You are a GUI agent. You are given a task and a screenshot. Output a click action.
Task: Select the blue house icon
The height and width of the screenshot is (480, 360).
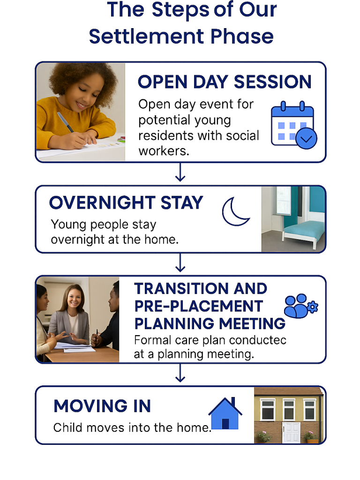225,413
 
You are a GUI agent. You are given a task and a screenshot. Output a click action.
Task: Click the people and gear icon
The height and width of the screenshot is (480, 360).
300,306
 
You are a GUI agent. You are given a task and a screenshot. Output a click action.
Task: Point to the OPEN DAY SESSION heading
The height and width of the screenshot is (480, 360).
225,82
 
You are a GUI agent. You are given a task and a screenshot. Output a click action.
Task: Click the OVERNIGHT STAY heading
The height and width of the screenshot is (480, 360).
126,202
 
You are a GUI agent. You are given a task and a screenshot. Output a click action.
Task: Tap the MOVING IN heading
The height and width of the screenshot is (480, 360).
102,406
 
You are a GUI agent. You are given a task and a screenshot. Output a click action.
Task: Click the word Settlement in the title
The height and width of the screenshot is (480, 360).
147,37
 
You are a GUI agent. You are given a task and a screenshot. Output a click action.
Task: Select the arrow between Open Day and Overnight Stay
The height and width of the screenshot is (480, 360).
180,172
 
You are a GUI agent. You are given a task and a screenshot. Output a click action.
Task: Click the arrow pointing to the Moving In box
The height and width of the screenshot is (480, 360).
180,373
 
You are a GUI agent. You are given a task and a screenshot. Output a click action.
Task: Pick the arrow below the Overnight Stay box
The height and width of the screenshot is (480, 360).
180,262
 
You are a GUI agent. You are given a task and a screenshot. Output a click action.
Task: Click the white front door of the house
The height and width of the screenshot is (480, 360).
291,433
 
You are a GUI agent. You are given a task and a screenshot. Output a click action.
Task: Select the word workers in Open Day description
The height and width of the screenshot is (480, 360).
164,151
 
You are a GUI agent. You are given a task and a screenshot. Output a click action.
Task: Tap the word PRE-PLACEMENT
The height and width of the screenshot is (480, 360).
199,306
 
